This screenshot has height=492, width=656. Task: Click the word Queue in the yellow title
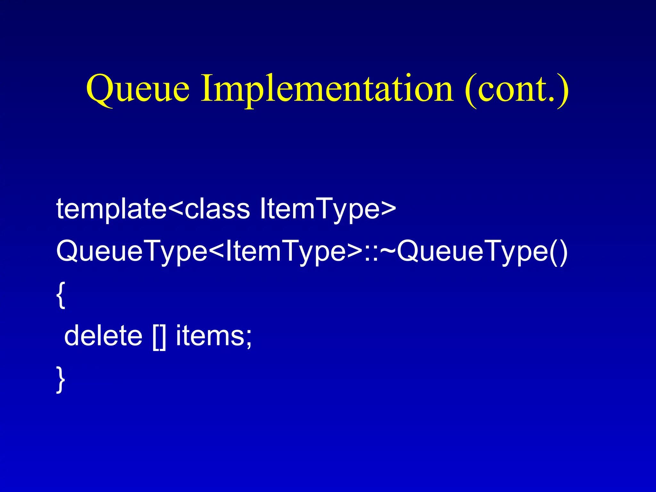138,88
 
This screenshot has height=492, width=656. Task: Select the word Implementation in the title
327,88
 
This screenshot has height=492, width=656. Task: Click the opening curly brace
61,295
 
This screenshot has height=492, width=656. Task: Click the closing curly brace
61,380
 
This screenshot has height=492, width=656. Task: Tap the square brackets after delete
159,336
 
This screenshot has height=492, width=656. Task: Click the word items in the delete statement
209,336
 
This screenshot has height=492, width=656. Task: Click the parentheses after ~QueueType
559,251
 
